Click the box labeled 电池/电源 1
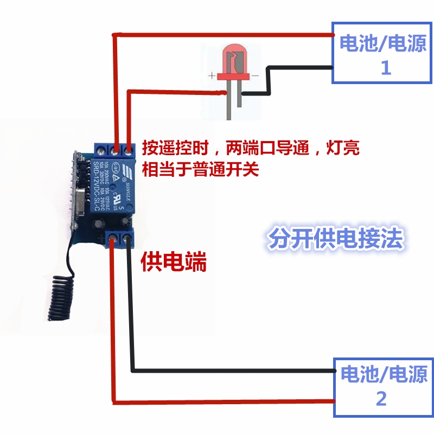[382, 53]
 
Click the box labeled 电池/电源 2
[383, 386]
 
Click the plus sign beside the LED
[212, 75]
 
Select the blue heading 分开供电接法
[336, 239]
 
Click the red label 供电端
[174, 263]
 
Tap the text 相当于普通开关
[200, 170]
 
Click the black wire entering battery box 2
[233, 372]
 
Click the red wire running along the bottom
[222, 401]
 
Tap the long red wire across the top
[222, 35]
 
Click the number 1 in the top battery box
[386, 68]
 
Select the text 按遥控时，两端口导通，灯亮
[250, 148]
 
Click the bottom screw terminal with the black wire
[129, 237]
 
